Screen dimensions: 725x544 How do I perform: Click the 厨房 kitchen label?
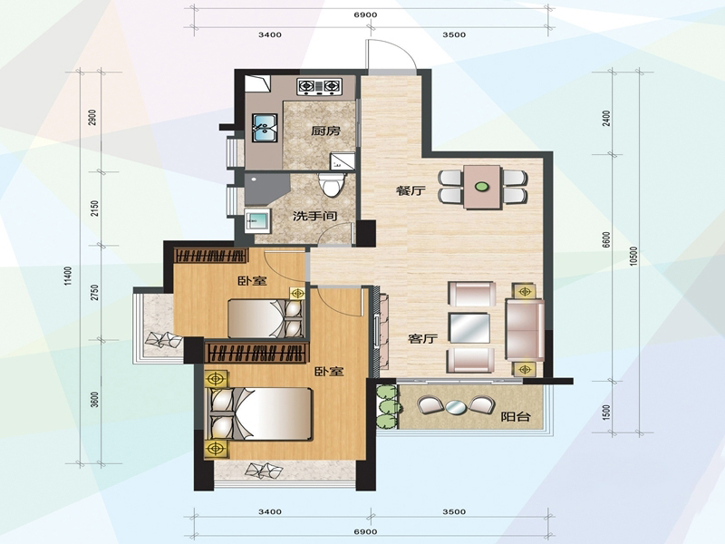coord(325,131)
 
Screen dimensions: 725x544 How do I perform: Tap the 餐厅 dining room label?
coord(411,190)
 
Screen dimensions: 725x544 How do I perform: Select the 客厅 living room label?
coord(422,338)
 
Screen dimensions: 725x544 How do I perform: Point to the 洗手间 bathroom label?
coord(314,216)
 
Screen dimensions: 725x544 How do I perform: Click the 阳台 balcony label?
coord(516,417)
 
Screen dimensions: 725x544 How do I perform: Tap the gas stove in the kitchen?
coord(320,86)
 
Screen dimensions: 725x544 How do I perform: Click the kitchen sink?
coord(265,128)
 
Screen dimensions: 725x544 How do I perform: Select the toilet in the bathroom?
coord(332,185)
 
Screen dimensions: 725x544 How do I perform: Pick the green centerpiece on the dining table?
coord(482,187)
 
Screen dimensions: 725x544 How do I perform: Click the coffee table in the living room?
coord(469,328)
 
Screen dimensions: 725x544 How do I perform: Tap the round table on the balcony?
coord(456,407)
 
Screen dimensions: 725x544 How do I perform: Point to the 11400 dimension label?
coord(69,277)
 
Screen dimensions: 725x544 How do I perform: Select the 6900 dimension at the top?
coord(366,15)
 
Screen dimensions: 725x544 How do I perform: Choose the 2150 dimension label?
coord(95,209)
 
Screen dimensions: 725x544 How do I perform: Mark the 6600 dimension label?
coord(606,239)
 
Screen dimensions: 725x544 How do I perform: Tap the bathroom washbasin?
coord(257,220)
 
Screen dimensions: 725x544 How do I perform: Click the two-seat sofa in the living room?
coord(525,330)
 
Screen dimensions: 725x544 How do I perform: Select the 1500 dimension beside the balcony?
coord(607,413)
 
